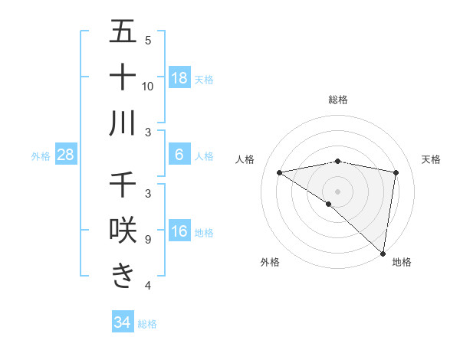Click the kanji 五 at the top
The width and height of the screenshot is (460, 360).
[x=123, y=33]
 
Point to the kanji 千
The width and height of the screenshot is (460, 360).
[x=123, y=185]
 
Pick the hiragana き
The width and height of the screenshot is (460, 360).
[x=123, y=275]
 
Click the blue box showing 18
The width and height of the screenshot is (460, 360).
[x=179, y=77]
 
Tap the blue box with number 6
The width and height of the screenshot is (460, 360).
[x=179, y=155]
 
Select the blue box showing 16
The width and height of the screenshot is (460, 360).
[x=179, y=231]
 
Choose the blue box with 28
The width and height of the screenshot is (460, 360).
[x=66, y=155]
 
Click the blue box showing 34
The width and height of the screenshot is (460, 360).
[x=122, y=322]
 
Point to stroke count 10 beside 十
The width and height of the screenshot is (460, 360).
[x=148, y=86]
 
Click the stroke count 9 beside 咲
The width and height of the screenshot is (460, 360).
[x=147, y=240]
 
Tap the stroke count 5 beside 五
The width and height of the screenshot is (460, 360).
[x=147, y=40]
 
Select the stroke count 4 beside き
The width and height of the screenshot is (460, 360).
[x=147, y=286]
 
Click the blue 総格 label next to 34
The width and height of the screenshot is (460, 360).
[x=147, y=324]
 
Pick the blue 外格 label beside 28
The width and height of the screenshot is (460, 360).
[x=41, y=156]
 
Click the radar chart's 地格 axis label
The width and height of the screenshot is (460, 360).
[x=402, y=262]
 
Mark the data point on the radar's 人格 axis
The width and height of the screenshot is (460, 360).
[x=279, y=172]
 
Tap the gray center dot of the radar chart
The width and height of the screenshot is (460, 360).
[x=337, y=190]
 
